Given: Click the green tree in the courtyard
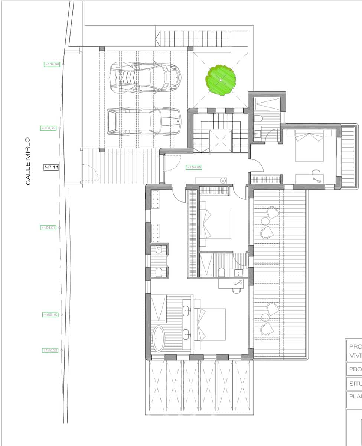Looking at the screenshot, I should click(x=221, y=80).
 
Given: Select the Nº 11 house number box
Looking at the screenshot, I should click(x=51, y=167).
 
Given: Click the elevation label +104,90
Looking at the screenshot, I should click(x=52, y=64).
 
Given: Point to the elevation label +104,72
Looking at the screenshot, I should click(x=48, y=128).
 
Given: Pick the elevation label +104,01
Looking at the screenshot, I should click(x=48, y=227).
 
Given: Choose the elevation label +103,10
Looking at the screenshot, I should click(x=50, y=315).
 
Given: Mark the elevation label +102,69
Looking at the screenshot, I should click(x=50, y=350).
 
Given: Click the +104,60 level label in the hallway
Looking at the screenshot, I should click(x=194, y=167).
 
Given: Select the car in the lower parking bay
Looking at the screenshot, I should click(x=144, y=121).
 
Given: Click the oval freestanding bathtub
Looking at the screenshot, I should click(x=159, y=339).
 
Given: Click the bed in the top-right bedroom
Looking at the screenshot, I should click(x=309, y=145).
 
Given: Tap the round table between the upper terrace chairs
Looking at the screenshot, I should click(x=265, y=222).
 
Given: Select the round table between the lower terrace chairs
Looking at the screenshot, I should click(x=265, y=318).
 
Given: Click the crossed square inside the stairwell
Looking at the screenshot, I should click(x=221, y=141).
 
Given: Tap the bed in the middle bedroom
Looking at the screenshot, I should click(x=215, y=224).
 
